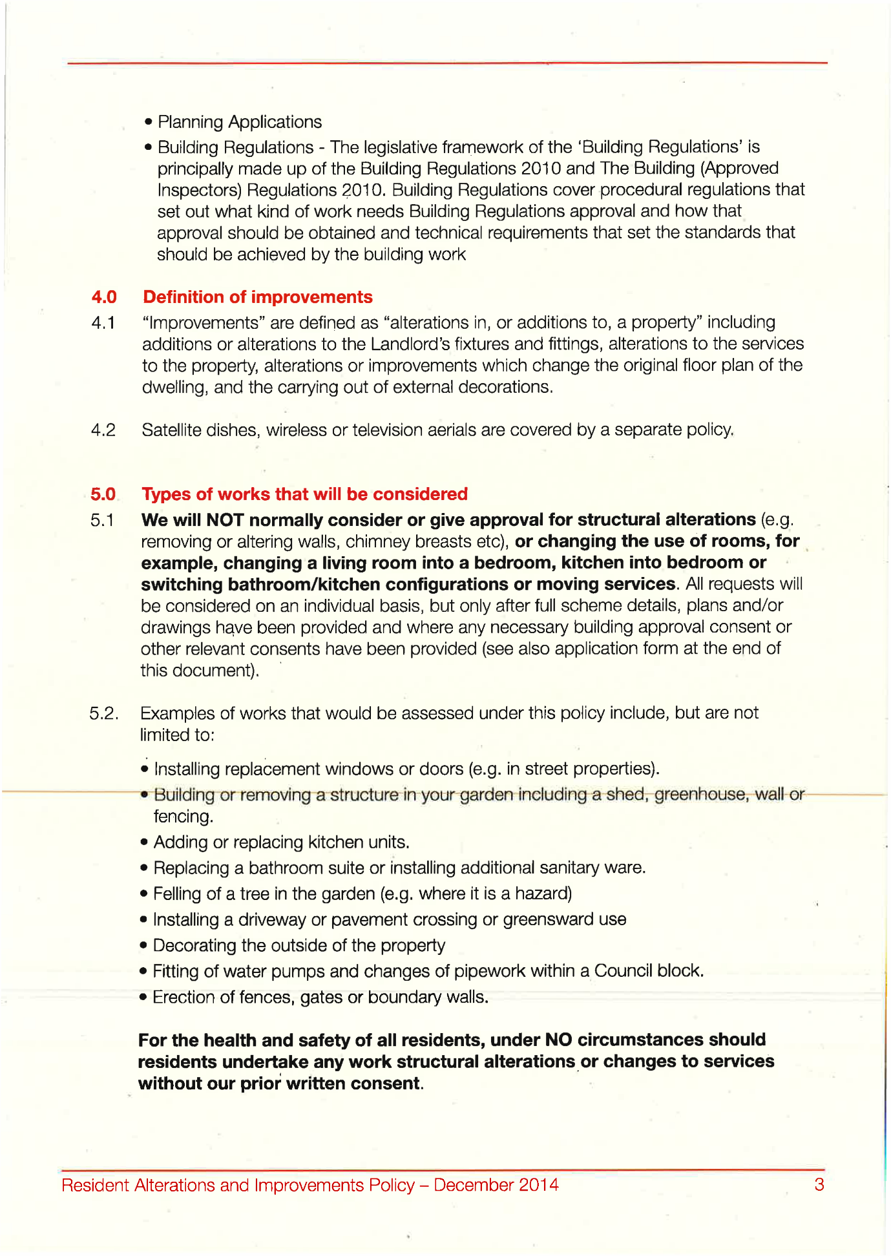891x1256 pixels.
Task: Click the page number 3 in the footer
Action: [x=819, y=1184]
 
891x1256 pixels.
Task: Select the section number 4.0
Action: [x=104, y=297]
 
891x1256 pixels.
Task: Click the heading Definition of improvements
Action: [x=257, y=297]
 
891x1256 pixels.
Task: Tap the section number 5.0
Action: [x=103, y=494]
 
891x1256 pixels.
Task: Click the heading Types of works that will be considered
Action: [x=304, y=494]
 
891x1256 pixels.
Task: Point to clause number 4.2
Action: [x=103, y=430]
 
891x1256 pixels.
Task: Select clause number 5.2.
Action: [x=103, y=713]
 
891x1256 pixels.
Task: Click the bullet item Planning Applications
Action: [x=239, y=122]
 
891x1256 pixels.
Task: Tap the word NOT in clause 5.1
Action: [x=224, y=520]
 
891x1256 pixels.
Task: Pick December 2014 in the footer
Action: [x=496, y=1185]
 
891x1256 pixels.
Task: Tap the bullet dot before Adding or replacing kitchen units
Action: [x=144, y=843]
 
